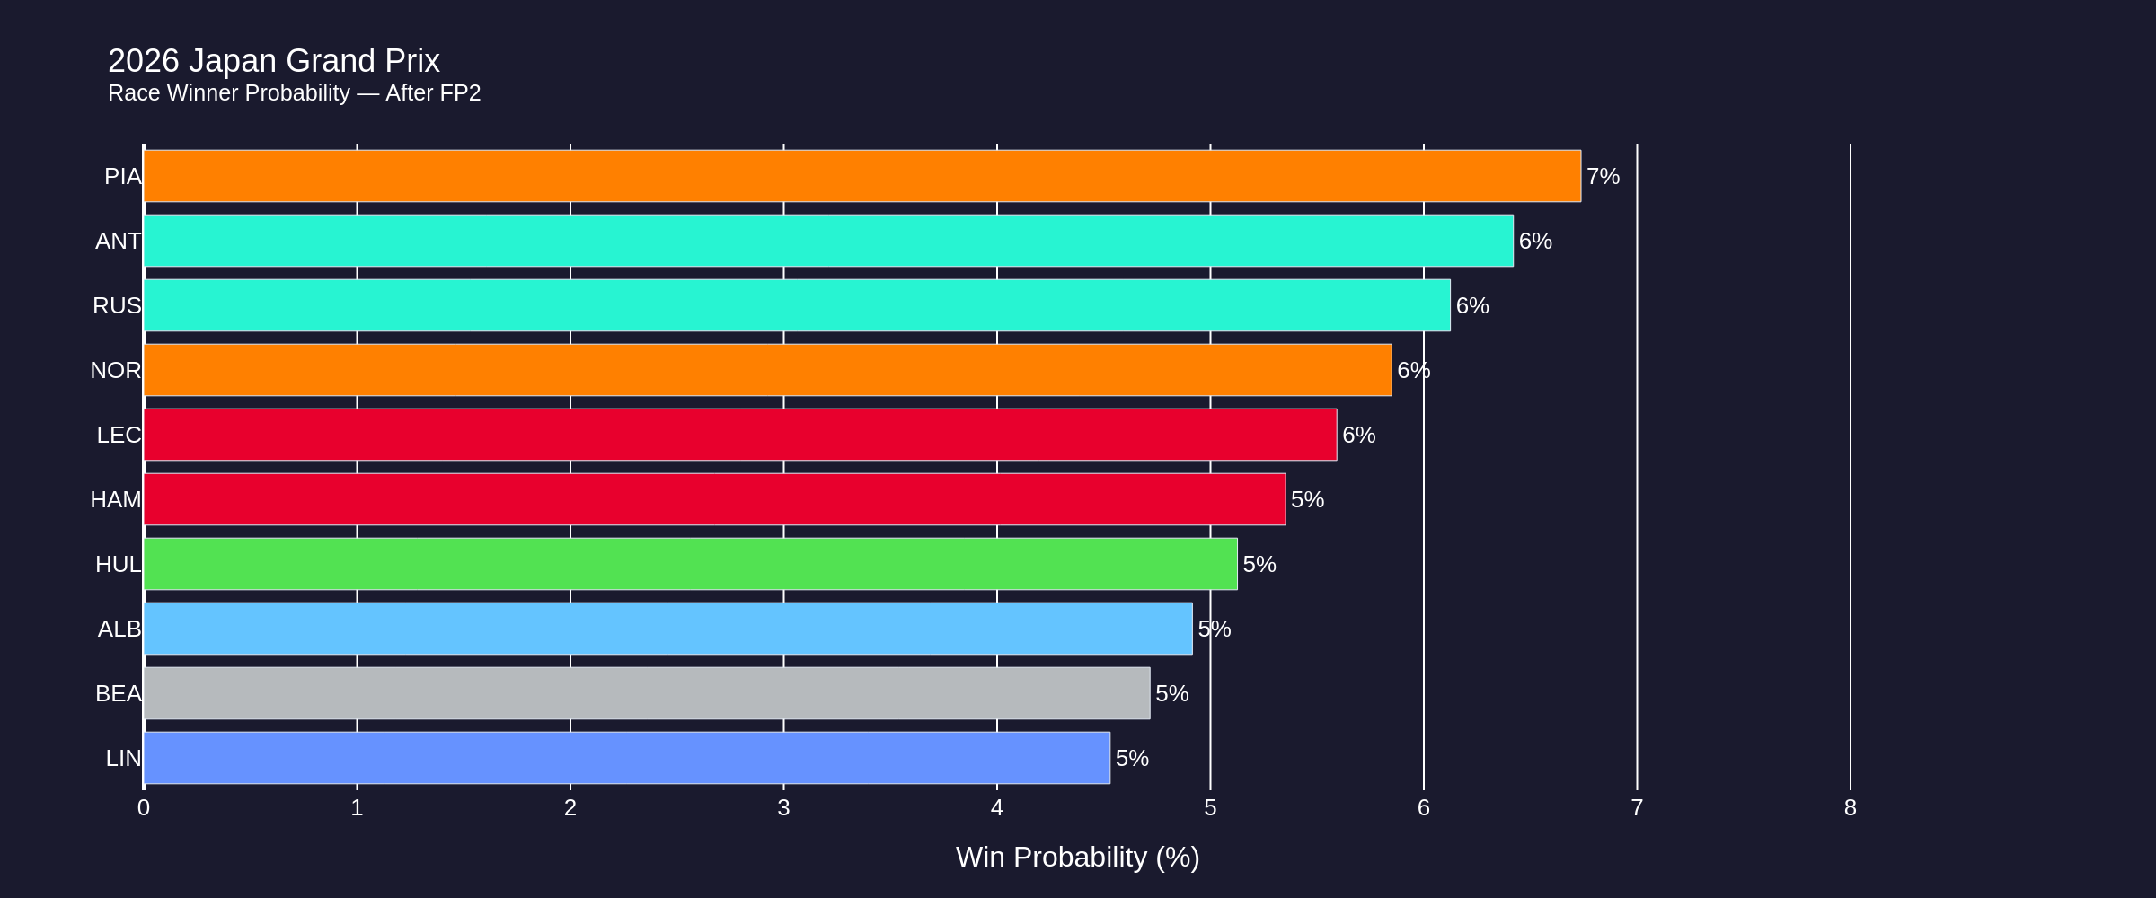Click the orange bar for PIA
862,176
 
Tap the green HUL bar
690,564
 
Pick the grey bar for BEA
647,693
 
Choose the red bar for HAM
714,499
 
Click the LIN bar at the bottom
627,758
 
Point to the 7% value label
1603,177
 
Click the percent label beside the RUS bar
1472,306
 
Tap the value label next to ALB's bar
1215,629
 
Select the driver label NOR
116,370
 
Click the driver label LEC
119,435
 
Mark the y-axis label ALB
119,629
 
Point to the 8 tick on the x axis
1850,808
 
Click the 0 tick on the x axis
144,808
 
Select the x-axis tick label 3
783,808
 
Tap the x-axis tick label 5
1210,808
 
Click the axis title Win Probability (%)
1077,857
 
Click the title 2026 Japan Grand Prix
274,61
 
